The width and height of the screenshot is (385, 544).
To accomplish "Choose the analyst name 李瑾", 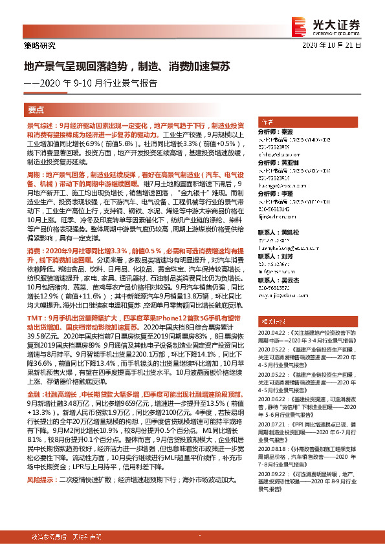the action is pos(287,193).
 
